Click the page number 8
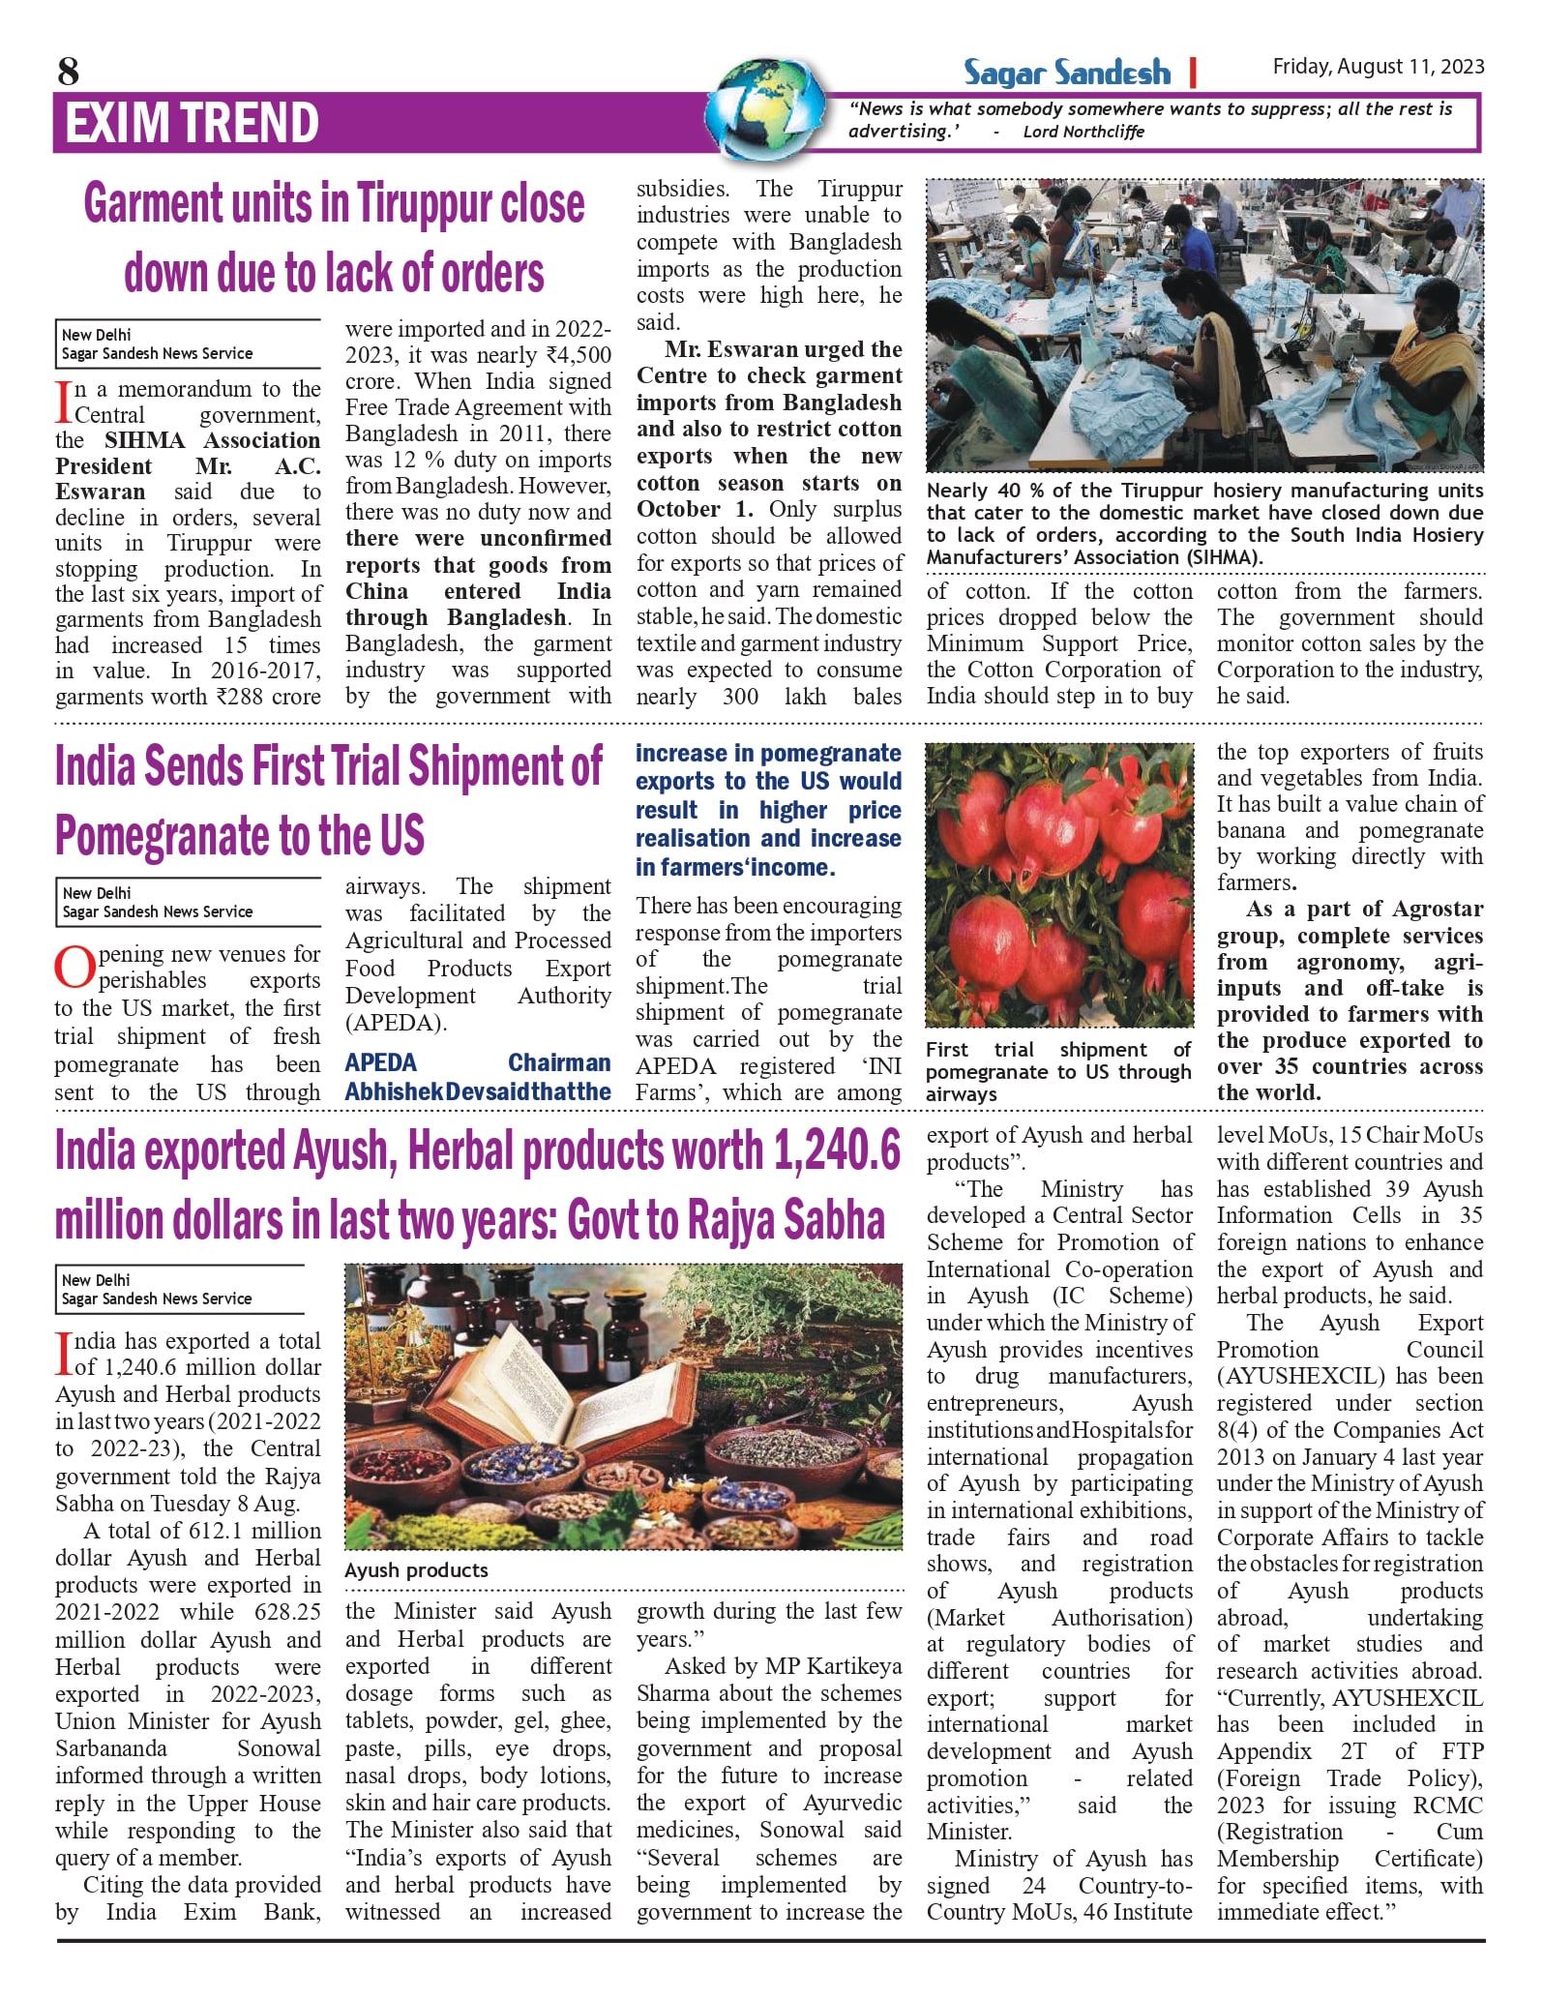coord(68,71)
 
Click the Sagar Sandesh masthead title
coord(1066,73)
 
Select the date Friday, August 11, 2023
coord(1378,66)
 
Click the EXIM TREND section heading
coord(192,123)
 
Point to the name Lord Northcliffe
coord(1083,132)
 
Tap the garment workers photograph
coord(1203,325)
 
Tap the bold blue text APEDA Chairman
coord(478,1062)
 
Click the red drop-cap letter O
coord(74,968)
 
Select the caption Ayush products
coord(416,1569)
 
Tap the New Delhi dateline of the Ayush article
coord(96,1279)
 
